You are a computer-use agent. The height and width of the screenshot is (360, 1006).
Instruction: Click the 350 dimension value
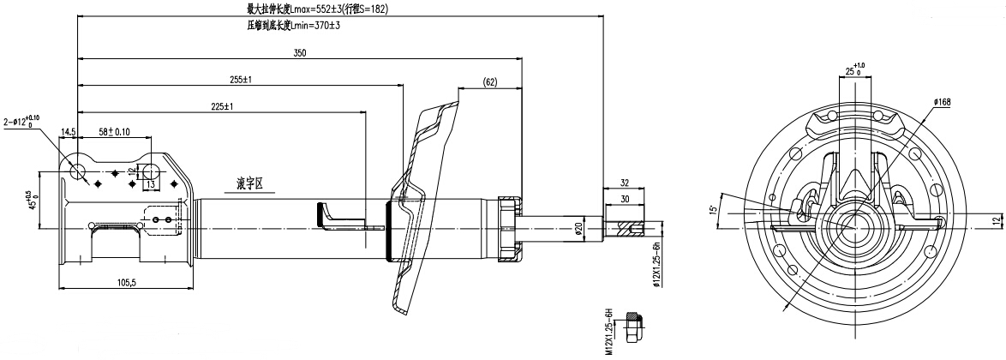[x=300, y=53]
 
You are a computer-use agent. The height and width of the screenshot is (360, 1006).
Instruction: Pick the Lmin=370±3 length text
[x=293, y=26]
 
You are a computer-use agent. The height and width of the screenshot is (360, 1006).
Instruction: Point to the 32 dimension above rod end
[x=624, y=182]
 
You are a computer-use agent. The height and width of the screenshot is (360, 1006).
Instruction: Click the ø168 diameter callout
[x=943, y=103]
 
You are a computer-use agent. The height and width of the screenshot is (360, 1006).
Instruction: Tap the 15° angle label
[x=714, y=209]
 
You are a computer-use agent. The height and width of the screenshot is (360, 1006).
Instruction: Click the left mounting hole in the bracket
[x=80, y=169]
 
